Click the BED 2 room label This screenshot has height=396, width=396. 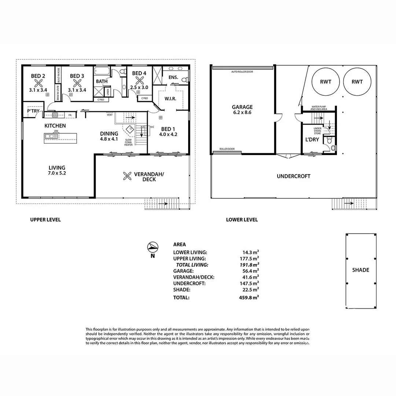[x=38, y=76]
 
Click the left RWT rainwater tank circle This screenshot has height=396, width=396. [x=325, y=82]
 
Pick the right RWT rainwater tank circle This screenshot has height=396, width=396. [x=357, y=82]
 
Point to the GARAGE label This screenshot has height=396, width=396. [x=242, y=107]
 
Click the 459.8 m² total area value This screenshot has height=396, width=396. [x=249, y=298]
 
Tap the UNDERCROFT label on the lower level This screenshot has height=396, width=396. [x=293, y=176]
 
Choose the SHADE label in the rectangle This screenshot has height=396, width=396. [x=360, y=270]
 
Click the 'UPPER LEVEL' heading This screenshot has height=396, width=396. [x=45, y=220]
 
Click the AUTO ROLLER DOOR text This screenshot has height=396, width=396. [x=242, y=72]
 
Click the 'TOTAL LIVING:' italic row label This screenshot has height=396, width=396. [x=192, y=265]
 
